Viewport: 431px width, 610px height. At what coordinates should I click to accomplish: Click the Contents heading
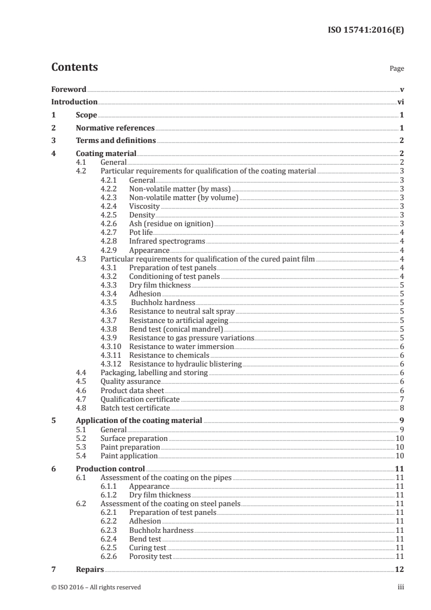(x=74, y=67)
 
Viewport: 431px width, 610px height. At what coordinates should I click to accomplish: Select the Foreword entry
(x=68, y=89)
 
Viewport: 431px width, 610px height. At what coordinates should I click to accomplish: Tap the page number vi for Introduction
(x=400, y=102)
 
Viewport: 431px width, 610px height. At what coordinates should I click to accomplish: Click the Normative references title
(x=115, y=128)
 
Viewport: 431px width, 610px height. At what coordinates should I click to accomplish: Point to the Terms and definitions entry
(x=116, y=141)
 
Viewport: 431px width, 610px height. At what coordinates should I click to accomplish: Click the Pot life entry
(x=141, y=233)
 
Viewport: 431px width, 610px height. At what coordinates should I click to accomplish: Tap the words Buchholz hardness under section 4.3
(x=162, y=302)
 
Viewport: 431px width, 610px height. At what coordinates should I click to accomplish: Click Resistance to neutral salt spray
(x=182, y=311)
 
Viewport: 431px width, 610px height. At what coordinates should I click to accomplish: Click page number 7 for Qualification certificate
(x=401, y=399)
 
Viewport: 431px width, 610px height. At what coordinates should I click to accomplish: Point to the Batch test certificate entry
(x=135, y=407)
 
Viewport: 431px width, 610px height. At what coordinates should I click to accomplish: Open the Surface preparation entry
(x=134, y=438)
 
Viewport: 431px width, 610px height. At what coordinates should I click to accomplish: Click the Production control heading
(x=110, y=469)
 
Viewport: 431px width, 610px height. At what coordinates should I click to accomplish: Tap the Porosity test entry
(x=150, y=556)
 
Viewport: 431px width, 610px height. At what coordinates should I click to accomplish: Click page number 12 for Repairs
(x=399, y=569)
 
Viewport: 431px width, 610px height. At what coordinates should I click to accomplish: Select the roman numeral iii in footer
(x=401, y=587)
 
